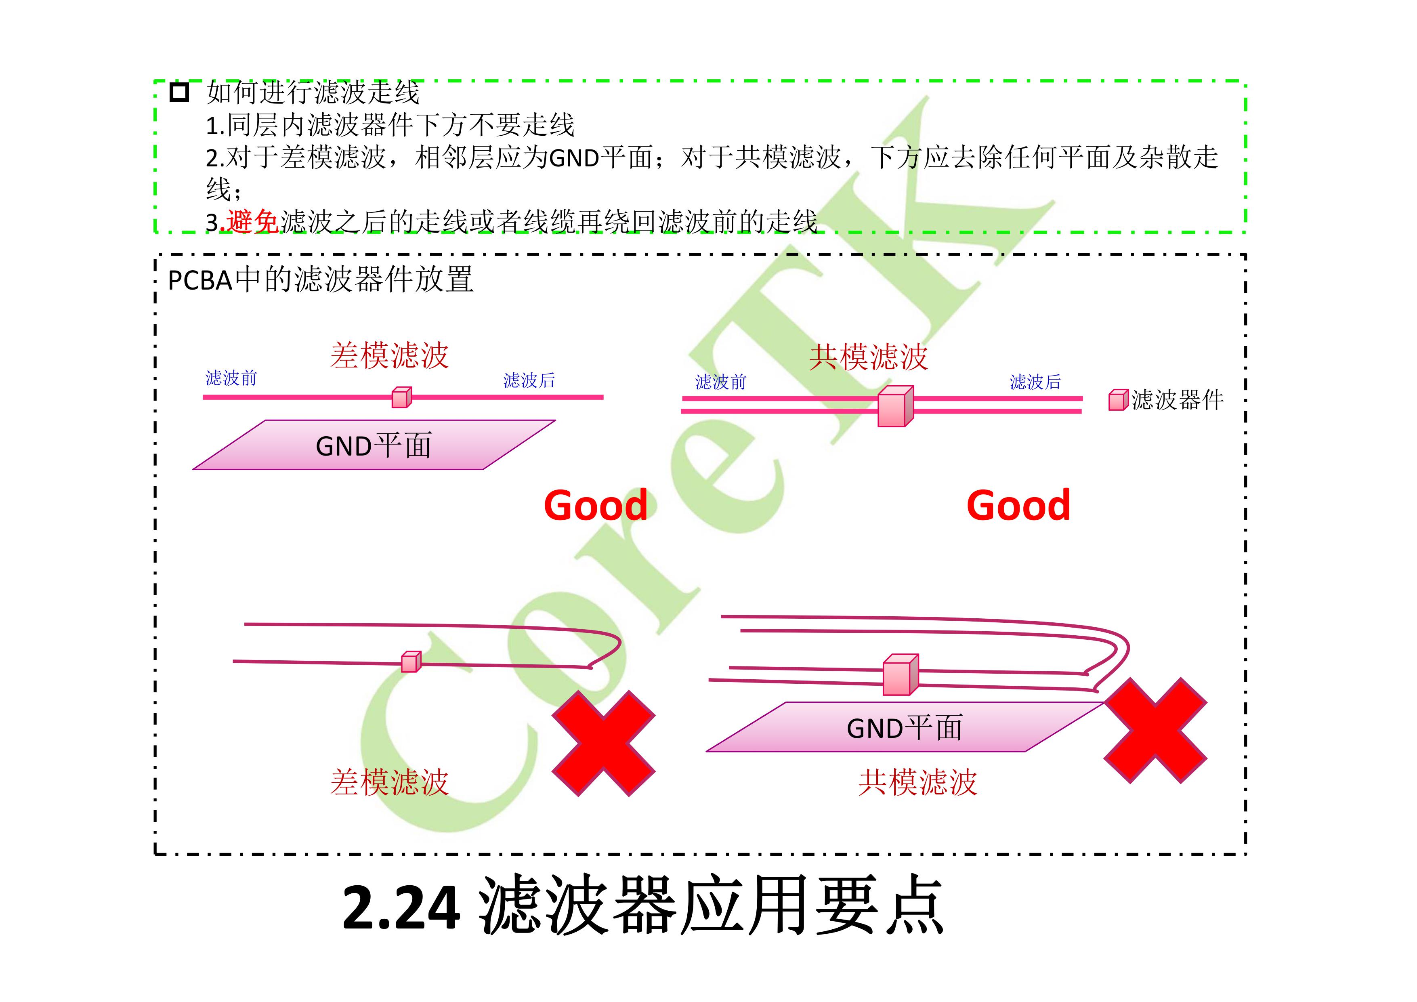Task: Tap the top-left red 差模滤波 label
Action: tap(389, 356)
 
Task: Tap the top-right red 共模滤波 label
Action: tap(868, 357)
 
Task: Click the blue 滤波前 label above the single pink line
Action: tap(231, 378)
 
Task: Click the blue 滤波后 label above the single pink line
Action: tap(529, 380)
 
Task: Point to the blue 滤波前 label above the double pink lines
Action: tap(721, 382)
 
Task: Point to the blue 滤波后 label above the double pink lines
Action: tap(1035, 382)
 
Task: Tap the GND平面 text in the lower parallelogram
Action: tap(904, 728)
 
